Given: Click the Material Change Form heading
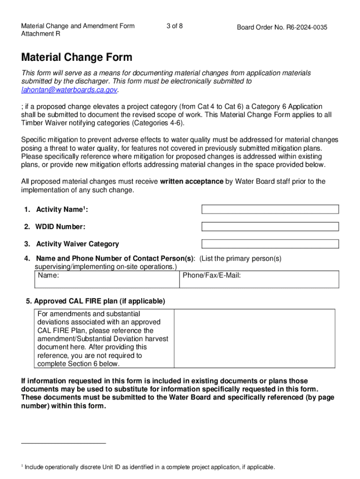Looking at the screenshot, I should pyautogui.click(x=77, y=58).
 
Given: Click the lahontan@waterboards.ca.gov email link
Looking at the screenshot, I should pyautogui.click(x=69, y=89).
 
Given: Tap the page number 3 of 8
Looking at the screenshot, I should pyautogui.click(x=174, y=26).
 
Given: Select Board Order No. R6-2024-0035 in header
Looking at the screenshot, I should pyautogui.click(x=282, y=28).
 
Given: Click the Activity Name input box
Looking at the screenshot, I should pyautogui.click(x=270, y=209).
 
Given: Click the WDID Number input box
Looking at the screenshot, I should pyautogui.click(x=270, y=226).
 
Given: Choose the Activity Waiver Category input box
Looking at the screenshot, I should pyautogui.click(x=270, y=244).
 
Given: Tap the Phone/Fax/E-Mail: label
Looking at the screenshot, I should pyautogui.click(x=211, y=276).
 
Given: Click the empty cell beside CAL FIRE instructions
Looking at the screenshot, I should pyautogui.click(x=254, y=339).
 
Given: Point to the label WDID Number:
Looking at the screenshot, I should pyautogui.click(x=61, y=227).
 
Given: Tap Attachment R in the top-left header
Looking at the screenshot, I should pyautogui.click(x=40, y=34).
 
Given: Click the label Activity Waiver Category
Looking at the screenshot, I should pyautogui.click(x=77, y=244).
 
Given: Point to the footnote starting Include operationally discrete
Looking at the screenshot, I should pyautogui.click(x=150, y=467).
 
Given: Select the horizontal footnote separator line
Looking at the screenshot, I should pyautogui.click(x=64, y=443).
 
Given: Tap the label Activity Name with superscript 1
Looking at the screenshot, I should pyautogui.click(x=62, y=210).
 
